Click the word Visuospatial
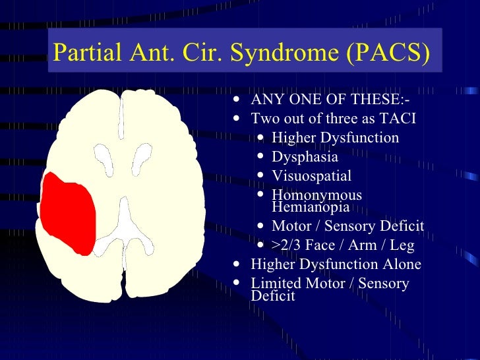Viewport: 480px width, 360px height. point(311,176)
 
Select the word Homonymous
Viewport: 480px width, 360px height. point(316,195)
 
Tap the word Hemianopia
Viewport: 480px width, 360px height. point(311,207)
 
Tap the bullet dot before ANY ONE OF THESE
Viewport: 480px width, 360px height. point(237,101)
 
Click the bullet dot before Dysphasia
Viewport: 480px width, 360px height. point(263,158)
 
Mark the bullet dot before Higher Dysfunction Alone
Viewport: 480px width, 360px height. point(237,265)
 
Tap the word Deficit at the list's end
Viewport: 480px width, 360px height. point(273,295)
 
